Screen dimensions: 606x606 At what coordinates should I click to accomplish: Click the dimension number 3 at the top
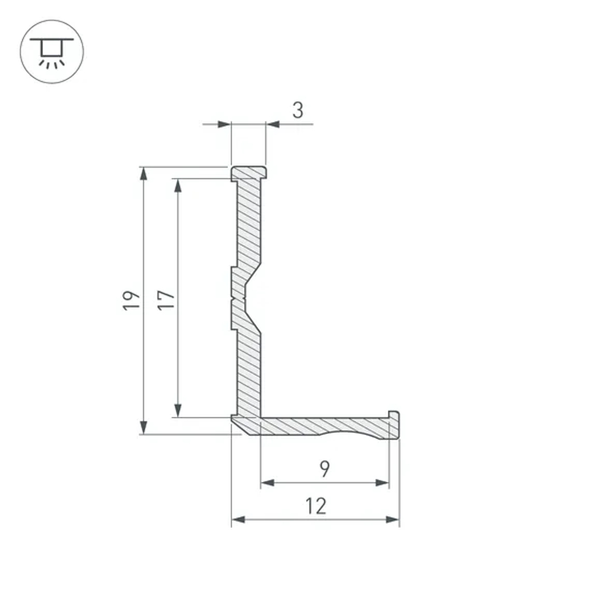click(298, 110)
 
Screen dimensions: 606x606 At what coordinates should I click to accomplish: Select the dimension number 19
click(131, 300)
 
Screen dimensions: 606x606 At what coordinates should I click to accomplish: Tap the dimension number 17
click(166, 300)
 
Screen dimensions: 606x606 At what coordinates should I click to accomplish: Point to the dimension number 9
click(325, 468)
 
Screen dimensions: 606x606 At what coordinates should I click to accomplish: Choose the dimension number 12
click(316, 505)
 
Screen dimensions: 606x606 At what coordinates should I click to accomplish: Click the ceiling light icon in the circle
click(52, 52)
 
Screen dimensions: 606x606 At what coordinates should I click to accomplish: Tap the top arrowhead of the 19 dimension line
click(144, 173)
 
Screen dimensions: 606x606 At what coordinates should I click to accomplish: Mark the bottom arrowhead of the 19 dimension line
click(144, 427)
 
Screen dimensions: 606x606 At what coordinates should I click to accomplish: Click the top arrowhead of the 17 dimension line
click(178, 185)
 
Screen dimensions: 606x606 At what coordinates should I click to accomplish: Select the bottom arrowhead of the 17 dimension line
click(178, 410)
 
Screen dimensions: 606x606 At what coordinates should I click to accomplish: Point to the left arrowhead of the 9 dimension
click(267, 483)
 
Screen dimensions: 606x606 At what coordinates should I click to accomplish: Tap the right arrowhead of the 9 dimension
click(382, 483)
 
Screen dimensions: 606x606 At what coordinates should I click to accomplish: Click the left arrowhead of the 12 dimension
click(238, 519)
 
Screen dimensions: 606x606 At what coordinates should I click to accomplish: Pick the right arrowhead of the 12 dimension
click(393, 519)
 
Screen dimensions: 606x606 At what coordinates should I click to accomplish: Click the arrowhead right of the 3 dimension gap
click(273, 124)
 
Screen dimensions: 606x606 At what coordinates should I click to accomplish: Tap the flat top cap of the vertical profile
click(248, 172)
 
